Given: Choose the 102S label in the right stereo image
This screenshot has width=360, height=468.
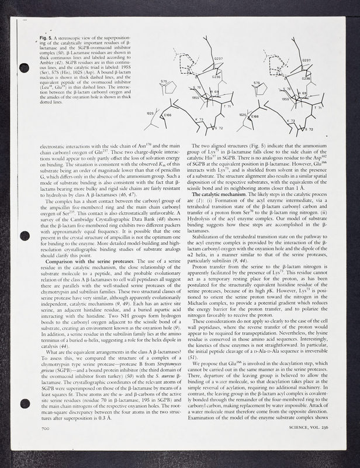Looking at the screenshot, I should pos(243,115).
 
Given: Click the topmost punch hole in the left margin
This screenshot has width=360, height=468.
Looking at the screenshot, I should pos(23,67).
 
